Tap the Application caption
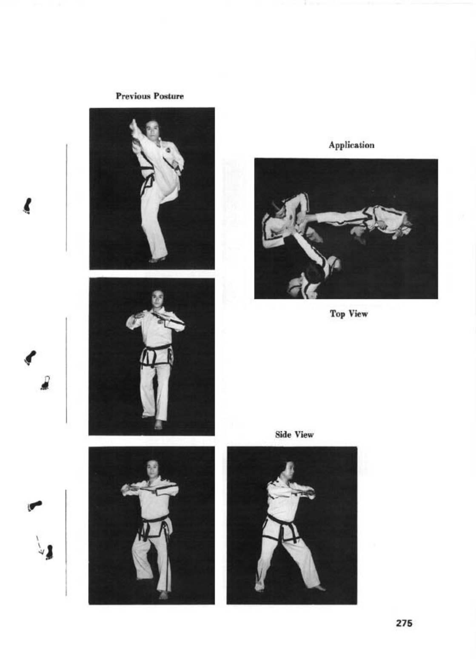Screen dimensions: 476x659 pos(351,145)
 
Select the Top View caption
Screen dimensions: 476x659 pos(349,314)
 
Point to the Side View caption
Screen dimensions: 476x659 pos(294,435)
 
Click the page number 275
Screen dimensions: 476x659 pos(404,623)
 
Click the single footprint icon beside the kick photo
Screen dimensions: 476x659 pos(27,206)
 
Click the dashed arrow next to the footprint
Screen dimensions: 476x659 pos(40,545)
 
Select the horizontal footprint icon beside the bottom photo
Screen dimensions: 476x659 pos(35,505)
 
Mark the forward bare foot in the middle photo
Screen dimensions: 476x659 pos(158,424)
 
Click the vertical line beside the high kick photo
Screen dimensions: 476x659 pos(66,198)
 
